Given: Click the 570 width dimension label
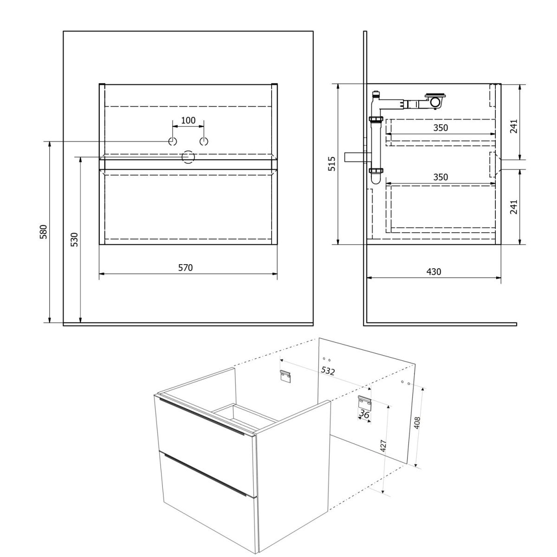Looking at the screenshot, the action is click(185, 268).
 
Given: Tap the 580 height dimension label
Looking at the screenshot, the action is click(43, 232).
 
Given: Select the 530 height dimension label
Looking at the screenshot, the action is click(74, 240).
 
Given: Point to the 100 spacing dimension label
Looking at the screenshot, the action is click(188, 120).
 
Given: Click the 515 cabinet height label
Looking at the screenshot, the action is click(332, 163).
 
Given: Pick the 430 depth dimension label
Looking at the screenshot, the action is click(434, 272).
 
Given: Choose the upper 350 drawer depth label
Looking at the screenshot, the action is click(440, 128).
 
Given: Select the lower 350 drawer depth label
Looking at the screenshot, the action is click(440, 177).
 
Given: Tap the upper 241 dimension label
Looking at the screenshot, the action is click(514, 126).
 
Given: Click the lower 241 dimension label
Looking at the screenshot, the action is click(514, 207).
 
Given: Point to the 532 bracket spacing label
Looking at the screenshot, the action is click(328, 370).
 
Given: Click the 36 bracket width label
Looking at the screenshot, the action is click(364, 415).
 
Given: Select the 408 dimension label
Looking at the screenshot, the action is click(417, 423).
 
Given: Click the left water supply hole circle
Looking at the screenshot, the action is click(173, 142).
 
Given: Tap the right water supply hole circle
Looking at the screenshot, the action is click(204, 142).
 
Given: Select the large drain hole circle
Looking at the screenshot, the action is click(188, 157).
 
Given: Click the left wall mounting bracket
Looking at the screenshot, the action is click(285, 376).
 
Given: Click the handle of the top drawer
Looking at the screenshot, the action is click(201, 416).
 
